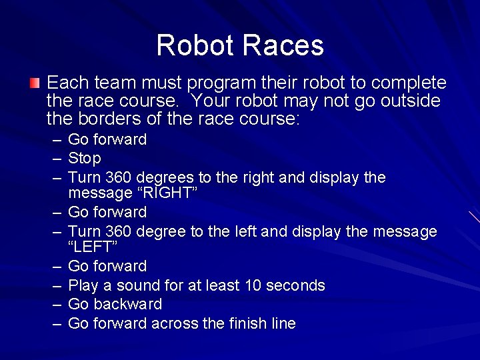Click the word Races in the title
283,45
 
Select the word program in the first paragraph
222,83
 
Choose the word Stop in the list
85,159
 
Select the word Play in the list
83,286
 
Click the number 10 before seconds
253,286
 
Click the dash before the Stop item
55,159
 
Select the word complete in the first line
409,83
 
